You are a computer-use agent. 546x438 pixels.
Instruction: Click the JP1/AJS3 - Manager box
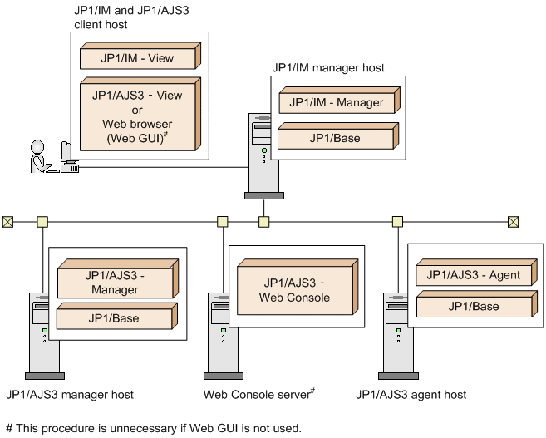tap(116, 283)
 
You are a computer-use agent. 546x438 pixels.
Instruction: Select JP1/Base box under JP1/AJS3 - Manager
tap(116, 318)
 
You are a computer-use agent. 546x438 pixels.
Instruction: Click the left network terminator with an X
tap(7, 222)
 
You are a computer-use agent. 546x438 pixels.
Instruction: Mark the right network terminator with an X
tap(513, 222)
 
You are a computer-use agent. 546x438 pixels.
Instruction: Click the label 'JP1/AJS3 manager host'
tap(69, 395)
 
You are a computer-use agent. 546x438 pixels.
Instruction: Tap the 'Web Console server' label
tap(258, 394)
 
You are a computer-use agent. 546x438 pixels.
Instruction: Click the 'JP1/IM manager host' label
tap(328, 67)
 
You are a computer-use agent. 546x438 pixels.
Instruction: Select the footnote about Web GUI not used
tap(153, 428)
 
